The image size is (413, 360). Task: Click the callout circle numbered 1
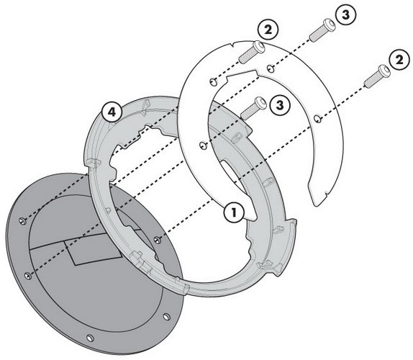tap(234, 212)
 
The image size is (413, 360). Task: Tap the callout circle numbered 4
tap(112, 112)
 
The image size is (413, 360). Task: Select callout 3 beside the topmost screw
tap(345, 14)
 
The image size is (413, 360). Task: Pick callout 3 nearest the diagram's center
tap(280, 105)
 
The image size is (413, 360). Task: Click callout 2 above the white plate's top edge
tap(268, 30)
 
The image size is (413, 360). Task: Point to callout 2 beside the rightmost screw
tap(399, 60)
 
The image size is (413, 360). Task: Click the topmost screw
tap(322, 30)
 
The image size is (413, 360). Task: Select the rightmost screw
tap(377, 76)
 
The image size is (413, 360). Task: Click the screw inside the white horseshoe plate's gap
tap(253, 108)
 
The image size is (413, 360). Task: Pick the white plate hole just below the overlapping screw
tap(214, 81)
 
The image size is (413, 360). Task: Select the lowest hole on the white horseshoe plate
tap(203, 145)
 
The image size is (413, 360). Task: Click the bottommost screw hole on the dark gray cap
tap(90, 338)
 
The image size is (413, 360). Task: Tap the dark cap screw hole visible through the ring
tap(158, 239)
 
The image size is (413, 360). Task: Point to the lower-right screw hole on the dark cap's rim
tap(166, 317)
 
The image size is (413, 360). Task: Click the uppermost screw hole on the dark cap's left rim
tap(23, 220)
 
